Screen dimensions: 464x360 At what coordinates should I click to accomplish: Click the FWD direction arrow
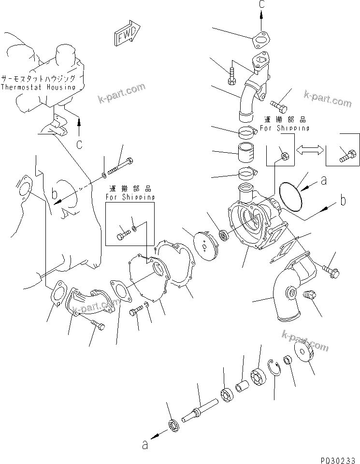coord(127,34)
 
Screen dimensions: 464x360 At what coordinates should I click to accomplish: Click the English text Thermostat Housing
coord(38,87)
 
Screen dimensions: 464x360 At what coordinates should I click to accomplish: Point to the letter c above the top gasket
coord(261,4)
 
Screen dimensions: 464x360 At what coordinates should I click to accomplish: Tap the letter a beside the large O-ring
coord(324,180)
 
